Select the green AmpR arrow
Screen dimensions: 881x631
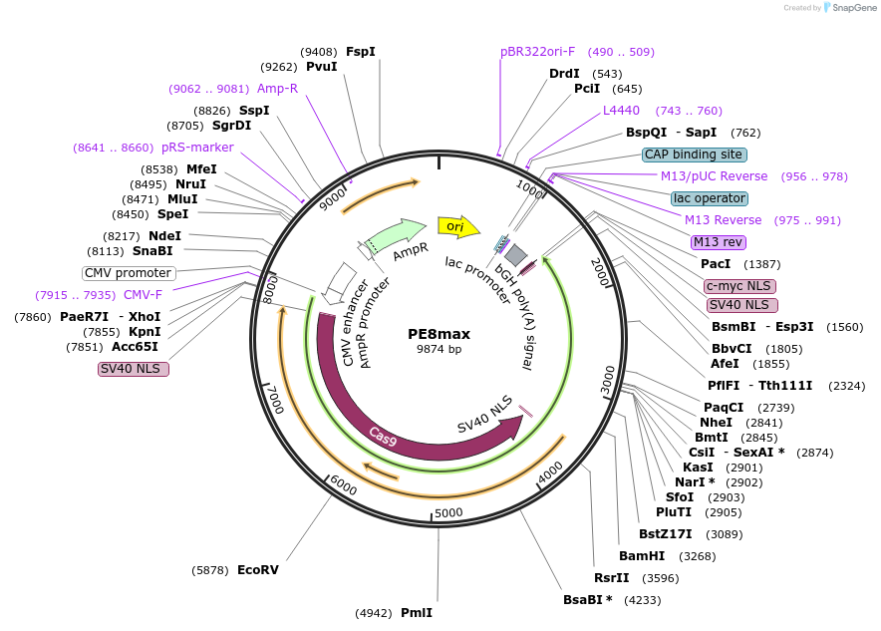pos(395,236)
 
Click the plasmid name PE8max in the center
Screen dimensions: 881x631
pos(439,334)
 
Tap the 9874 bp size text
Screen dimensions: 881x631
pos(439,349)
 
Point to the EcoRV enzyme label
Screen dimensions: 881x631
pos(258,570)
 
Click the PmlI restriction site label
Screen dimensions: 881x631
pos(417,612)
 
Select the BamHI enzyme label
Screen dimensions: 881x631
pos(642,555)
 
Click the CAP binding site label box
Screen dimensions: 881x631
pos(695,155)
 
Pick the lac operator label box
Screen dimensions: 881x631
pos(710,198)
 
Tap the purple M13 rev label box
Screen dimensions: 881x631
pos(719,242)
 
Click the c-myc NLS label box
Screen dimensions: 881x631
pos(739,286)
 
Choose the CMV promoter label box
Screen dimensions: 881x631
pos(129,273)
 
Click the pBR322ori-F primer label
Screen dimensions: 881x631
pos(538,52)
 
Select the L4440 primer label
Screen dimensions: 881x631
pos(621,110)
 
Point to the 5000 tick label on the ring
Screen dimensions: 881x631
pos(448,513)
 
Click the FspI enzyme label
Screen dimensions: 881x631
pos(361,51)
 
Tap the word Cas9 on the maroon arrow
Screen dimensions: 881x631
pos(383,436)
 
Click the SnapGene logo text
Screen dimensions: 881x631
pos(854,7)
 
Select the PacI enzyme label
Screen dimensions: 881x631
pos(716,263)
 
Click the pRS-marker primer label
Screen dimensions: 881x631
pos(197,148)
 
